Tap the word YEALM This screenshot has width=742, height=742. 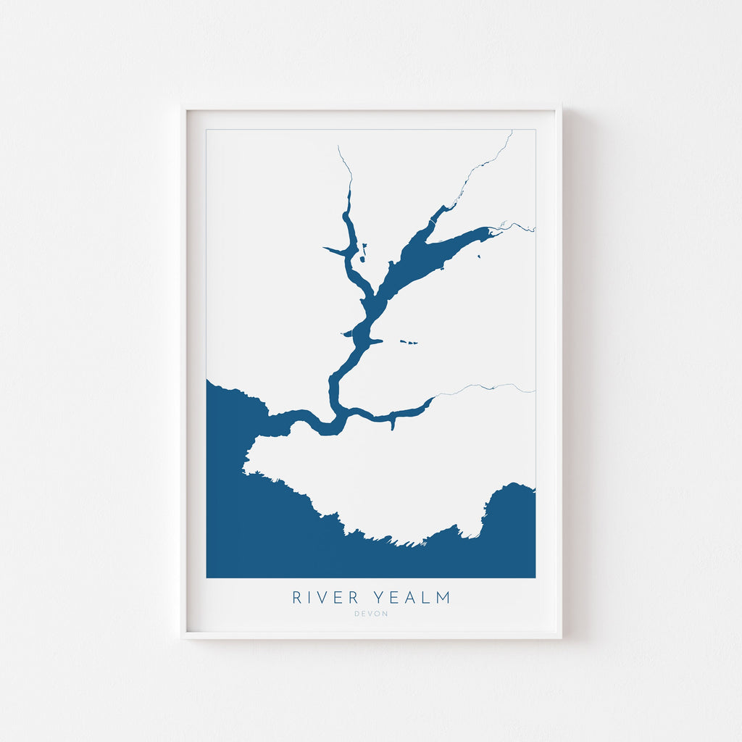412,598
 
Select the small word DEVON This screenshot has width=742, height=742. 371,614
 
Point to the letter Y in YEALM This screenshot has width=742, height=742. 378,598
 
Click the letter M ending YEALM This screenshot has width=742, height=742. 443,598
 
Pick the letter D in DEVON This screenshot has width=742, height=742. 357,614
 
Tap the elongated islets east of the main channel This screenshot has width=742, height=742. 409,342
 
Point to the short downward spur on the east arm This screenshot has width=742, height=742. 392,422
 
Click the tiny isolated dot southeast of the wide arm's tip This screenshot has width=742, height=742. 479,256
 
